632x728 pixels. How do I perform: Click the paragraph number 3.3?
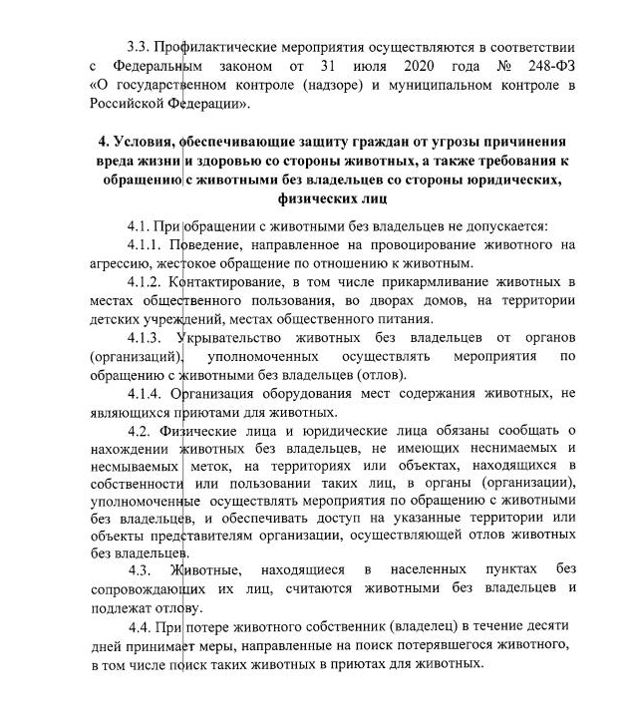139,48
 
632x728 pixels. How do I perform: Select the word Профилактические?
220,48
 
